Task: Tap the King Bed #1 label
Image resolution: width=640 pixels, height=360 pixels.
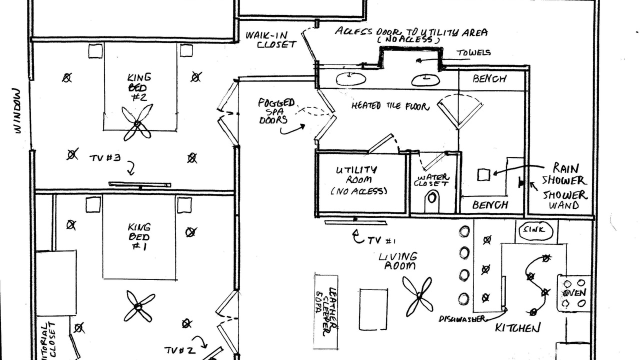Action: point(138,236)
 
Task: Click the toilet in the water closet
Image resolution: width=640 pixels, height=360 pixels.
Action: point(432,201)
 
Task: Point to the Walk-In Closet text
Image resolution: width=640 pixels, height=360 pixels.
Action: point(270,39)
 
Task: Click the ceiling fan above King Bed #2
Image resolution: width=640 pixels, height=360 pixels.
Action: point(137,123)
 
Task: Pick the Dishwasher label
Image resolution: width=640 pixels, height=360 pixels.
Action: point(462,319)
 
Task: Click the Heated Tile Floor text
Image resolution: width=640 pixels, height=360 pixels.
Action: point(390,106)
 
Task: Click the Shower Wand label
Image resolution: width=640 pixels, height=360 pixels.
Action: point(564,200)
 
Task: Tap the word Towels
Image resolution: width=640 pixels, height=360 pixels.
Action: point(473,52)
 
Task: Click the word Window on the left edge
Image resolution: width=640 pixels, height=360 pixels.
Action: point(18,111)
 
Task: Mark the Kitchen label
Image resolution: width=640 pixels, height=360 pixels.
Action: point(517,328)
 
